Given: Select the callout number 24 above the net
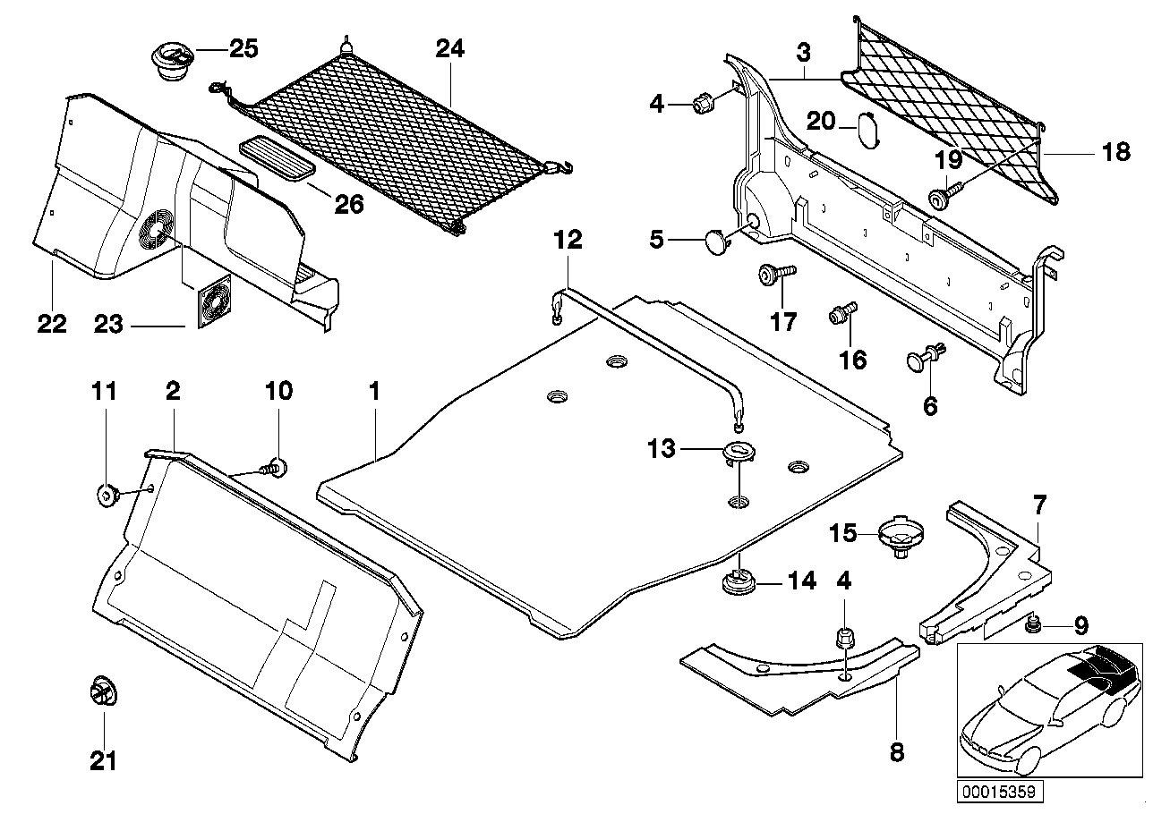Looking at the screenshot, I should click(450, 49).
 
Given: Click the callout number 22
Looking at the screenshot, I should click(52, 323).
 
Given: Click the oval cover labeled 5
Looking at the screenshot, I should click(720, 242).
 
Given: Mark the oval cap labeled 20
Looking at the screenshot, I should click(868, 128).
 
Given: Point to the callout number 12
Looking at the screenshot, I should click(568, 240).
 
